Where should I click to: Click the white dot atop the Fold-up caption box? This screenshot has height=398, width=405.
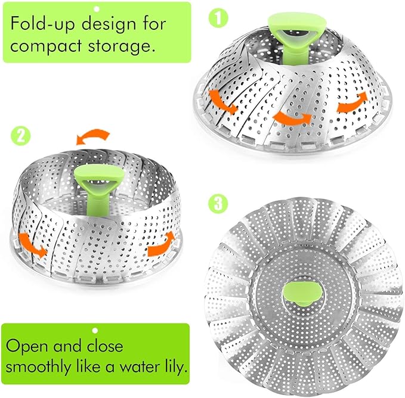(96, 8)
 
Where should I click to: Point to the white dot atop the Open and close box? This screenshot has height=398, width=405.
(94, 329)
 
